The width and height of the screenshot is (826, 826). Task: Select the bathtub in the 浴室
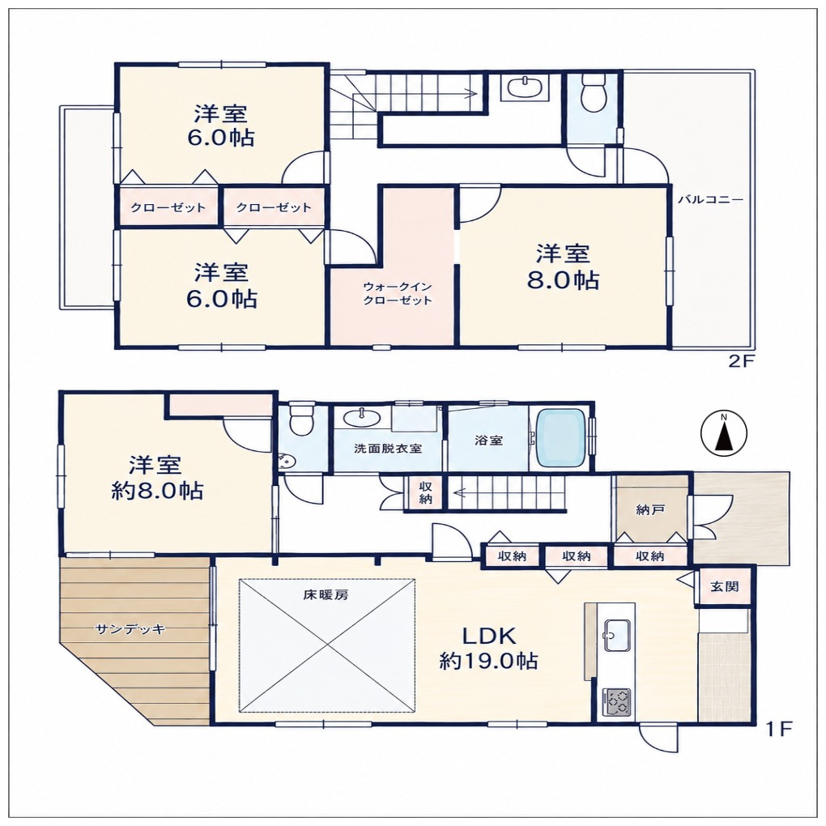pyautogui.click(x=561, y=438)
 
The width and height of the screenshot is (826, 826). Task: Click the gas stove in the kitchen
pyautogui.click(x=615, y=701)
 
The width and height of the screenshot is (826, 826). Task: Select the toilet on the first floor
pyautogui.click(x=300, y=419)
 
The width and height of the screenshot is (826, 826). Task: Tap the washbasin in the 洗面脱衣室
pyautogui.click(x=363, y=419)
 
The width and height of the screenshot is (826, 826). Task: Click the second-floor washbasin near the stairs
pyautogui.click(x=524, y=87)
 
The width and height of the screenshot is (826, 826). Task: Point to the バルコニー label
pyautogui.click(x=710, y=200)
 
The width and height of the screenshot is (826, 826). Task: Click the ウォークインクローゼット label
pyautogui.click(x=398, y=293)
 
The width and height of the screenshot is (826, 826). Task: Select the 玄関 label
pyautogui.click(x=724, y=585)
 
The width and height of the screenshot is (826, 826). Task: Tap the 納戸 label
pyautogui.click(x=650, y=509)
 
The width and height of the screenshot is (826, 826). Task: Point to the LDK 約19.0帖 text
pyautogui.click(x=489, y=648)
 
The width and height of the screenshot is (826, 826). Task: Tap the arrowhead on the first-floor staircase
pyautogui.click(x=458, y=494)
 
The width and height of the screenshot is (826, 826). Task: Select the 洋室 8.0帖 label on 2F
pyautogui.click(x=563, y=266)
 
